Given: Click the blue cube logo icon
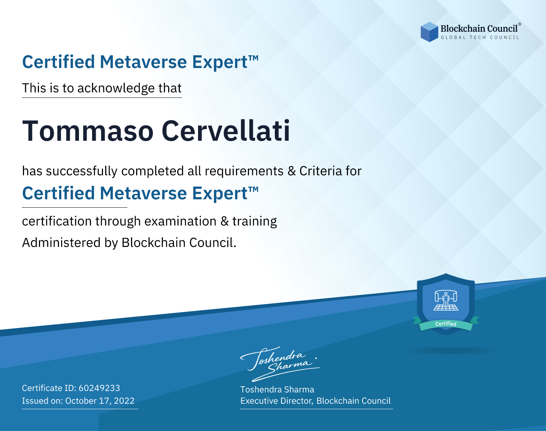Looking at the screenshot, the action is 429,32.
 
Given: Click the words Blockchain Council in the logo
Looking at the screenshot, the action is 479,28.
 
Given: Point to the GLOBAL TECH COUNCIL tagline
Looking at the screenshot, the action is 480,37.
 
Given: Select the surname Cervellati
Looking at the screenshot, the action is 226,131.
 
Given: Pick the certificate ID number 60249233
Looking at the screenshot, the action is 99,388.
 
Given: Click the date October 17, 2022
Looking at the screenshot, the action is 100,400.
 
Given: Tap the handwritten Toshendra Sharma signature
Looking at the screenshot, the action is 280,364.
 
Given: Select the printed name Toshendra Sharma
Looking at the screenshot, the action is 277,390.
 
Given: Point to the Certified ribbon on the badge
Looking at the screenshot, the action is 446,324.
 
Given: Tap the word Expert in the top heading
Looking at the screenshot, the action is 220,62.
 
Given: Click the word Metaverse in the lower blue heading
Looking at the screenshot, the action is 143,193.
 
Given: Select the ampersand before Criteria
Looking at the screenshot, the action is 292,171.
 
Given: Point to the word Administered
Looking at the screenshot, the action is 61,243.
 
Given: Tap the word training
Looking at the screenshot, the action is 254,222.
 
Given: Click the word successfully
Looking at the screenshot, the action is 82,171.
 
